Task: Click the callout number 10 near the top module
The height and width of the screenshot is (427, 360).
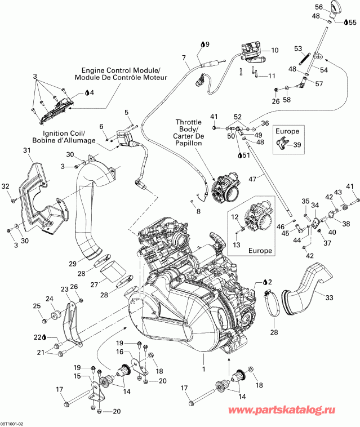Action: point(274,50)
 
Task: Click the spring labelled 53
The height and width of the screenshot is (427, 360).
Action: point(303,58)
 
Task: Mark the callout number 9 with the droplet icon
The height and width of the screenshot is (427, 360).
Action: point(206,43)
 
